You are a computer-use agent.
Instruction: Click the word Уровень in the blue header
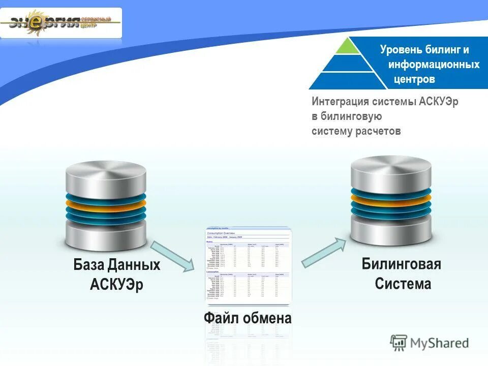403,50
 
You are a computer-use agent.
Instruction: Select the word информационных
434,65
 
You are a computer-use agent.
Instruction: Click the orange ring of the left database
106,205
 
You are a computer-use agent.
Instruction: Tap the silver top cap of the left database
106,175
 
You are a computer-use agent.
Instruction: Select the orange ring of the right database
391,199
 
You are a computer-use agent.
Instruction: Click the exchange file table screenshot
249,265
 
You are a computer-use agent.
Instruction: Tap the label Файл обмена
248,319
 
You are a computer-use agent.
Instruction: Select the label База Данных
117,265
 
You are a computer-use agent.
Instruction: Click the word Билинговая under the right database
401,264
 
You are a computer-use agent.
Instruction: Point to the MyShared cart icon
399,342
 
